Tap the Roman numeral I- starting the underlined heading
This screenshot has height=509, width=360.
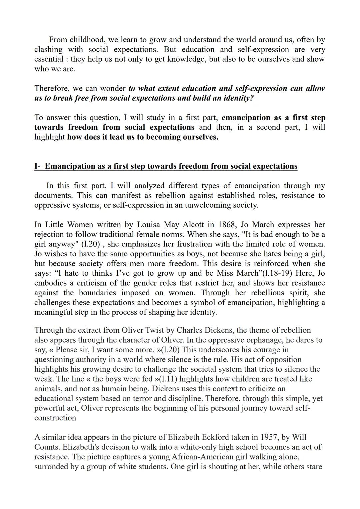tap(38, 166)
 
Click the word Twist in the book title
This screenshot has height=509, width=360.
tap(154, 330)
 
